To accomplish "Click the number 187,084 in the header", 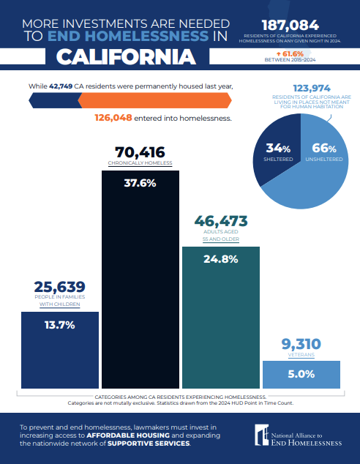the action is pyautogui.click(x=290, y=26).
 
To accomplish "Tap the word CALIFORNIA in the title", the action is pyautogui.click(x=126, y=56).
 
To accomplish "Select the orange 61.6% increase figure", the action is pyautogui.click(x=290, y=54).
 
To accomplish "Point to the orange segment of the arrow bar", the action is pyautogui.click(x=154, y=100).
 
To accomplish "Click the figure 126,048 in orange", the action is pyautogui.click(x=113, y=118).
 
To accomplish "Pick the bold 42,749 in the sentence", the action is pyautogui.click(x=61, y=86).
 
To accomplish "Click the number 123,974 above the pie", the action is pyautogui.click(x=312, y=88).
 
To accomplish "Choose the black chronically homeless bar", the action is pyautogui.click(x=140, y=280).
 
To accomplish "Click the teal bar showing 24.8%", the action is pyautogui.click(x=221, y=318).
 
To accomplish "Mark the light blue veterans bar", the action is pyautogui.click(x=301, y=375).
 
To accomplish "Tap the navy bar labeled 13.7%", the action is pyautogui.click(x=60, y=350).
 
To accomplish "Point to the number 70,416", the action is pyautogui.click(x=140, y=152).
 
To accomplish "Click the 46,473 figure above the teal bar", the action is pyautogui.click(x=221, y=221).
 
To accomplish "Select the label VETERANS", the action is pyautogui.click(x=301, y=355).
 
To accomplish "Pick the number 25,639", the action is pyautogui.click(x=60, y=287).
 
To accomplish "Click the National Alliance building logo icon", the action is pyautogui.click(x=262, y=435).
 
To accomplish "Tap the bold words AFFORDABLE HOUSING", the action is pyautogui.click(x=128, y=435).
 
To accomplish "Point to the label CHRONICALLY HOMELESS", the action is pyautogui.click(x=140, y=163).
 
